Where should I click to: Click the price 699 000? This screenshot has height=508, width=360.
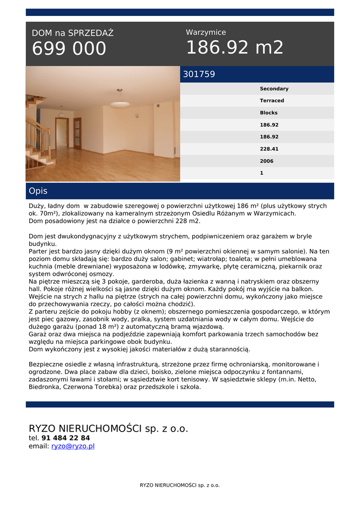tap(69, 49)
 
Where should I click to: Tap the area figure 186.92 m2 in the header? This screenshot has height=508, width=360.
tap(234, 48)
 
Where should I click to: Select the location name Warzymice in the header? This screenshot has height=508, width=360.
tap(206, 32)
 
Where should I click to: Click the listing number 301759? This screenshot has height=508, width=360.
tap(199, 74)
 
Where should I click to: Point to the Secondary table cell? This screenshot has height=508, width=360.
tap(274, 89)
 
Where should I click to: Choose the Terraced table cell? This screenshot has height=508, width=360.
tap(272, 101)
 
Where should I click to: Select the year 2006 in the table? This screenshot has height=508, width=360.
tap(267, 161)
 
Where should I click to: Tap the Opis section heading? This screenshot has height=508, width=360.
tap(38, 191)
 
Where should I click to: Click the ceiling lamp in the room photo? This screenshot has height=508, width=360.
tap(120, 102)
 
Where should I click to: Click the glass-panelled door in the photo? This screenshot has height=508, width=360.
tap(77, 132)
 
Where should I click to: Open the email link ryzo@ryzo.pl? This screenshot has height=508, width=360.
tap(73, 446)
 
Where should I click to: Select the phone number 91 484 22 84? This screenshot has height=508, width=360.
tap(66, 438)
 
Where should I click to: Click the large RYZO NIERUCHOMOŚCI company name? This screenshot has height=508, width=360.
tap(108, 428)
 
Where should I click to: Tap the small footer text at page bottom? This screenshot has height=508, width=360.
tap(180, 485)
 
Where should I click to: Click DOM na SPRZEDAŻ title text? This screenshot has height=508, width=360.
tap(72, 33)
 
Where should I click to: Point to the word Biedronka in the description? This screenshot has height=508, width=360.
tap(45, 387)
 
